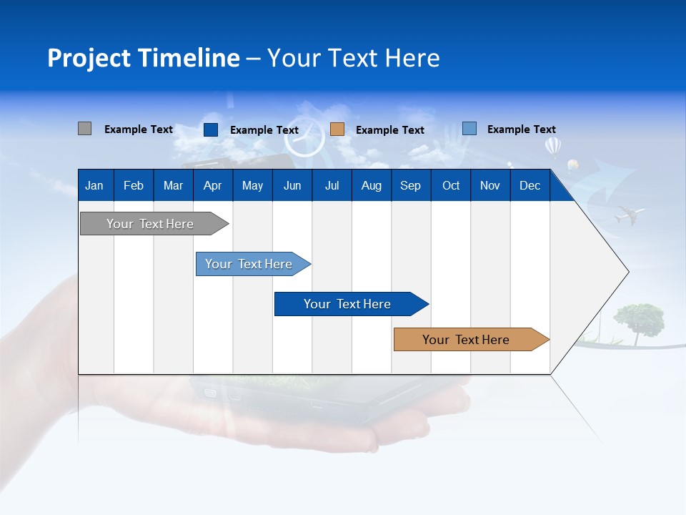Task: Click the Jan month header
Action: pyautogui.click(x=94, y=186)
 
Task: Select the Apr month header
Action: pyautogui.click(x=212, y=186)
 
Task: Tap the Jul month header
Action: pyautogui.click(x=332, y=186)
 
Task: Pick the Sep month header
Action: pyautogui.click(x=410, y=186)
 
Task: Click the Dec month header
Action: pyautogui.click(x=530, y=186)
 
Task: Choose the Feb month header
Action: pyautogui.click(x=133, y=186)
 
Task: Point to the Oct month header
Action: pyautogui.click(x=451, y=186)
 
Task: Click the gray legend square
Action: pyautogui.click(x=84, y=129)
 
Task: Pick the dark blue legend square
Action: pyautogui.click(x=210, y=129)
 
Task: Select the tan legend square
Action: pyautogui.click(x=337, y=129)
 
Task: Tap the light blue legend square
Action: pyautogui.click(x=469, y=129)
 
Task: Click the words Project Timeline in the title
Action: pyautogui.click(x=144, y=58)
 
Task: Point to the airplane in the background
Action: pyautogui.click(x=629, y=214)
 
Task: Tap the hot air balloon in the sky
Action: pyautogui.click(x=553, y=147)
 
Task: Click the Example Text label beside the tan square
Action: pyautogui.click(x=389, y=130)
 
